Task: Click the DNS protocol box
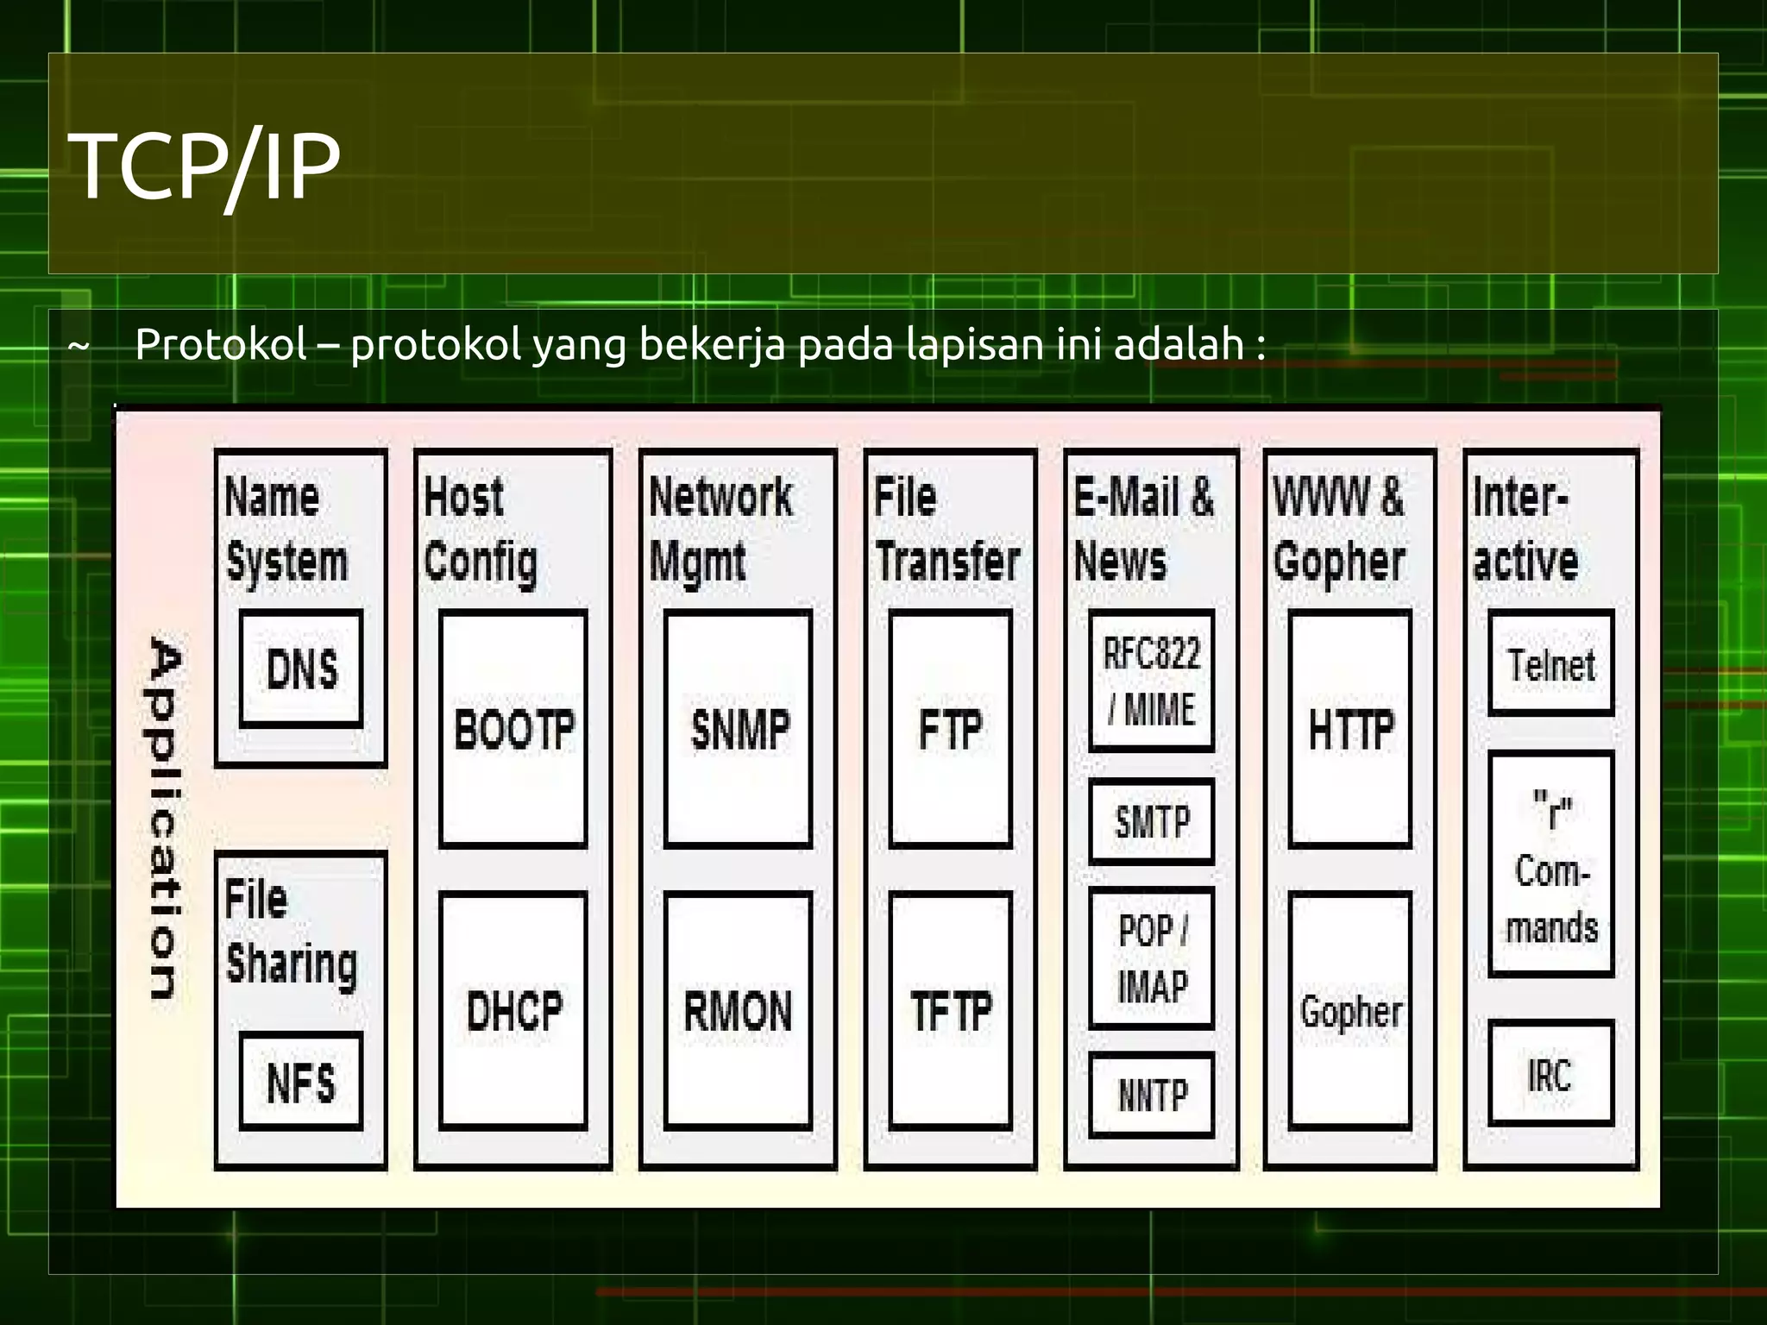[301, 669]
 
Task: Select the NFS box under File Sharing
[301, 1081]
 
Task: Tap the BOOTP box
[513, 729]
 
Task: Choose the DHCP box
[513, 1010]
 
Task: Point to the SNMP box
[739, 729]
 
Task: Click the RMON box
[739, 1010]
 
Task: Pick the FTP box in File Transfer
[950, 729]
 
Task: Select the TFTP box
[950, 1010]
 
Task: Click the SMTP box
[1152, 821]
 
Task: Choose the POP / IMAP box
[1152, 958]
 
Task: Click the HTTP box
[1350, 729]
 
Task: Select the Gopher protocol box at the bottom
[1350, 1010]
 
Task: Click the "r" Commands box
[1551, 864]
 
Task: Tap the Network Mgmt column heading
[720, 528]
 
